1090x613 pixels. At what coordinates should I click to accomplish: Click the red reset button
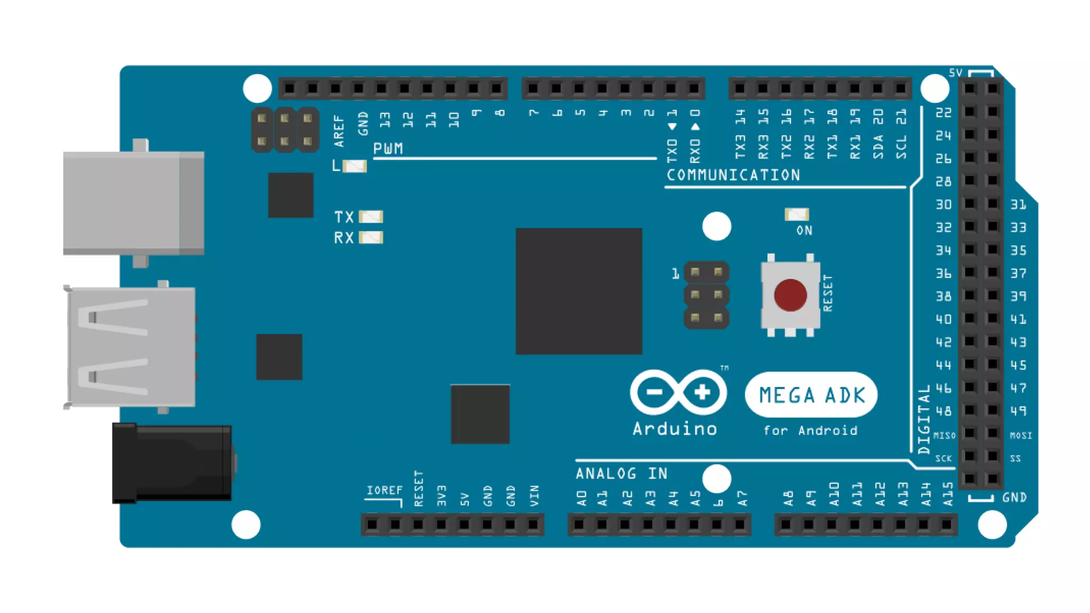(790, 295)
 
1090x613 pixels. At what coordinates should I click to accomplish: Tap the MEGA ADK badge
(811, 395)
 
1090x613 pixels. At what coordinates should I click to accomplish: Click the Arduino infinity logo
(678, 393)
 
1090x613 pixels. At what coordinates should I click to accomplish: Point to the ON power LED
(797, 214)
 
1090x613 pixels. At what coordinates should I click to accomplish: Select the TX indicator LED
(371, 217)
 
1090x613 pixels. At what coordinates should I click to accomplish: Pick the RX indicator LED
(371, 237)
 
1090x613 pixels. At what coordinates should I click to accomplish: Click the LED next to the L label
(354, 167)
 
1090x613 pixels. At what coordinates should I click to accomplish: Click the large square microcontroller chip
(579, 291)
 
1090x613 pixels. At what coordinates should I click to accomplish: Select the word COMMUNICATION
(733, 175)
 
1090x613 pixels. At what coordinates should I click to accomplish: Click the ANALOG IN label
(622, 473)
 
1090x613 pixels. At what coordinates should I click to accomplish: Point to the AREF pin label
(339, 131)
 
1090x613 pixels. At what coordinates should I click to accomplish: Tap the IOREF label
(384, 490)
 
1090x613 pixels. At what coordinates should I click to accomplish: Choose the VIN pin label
(534, 495)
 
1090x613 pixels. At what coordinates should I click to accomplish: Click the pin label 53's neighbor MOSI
(1021, 435)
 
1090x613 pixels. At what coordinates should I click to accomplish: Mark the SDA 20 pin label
(878, 134)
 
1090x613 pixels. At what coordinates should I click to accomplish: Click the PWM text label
(388, 148)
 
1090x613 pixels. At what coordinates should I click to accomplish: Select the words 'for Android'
(811, 430)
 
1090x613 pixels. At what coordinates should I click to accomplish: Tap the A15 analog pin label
(948, 494)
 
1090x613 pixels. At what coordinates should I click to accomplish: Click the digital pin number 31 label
(1018, 204)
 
